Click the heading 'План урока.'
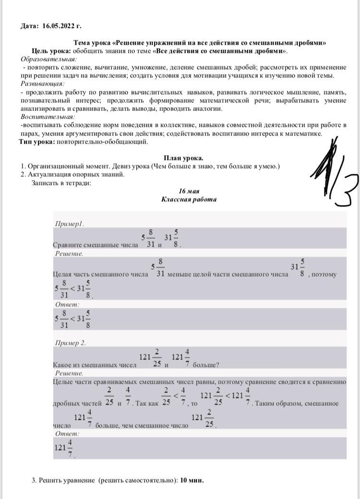pos(184,158)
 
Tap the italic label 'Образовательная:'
pos(48,59)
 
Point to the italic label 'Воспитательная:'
pos(48,117)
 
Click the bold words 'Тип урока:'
pos(37,142)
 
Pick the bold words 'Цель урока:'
pos(51,51)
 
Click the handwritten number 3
pos(347,190)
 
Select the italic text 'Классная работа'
pos(189,199)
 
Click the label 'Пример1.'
pos(70,224)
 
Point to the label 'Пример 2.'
pos(71,343)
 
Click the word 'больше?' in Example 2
pos(206,365)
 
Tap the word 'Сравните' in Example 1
pos(69,245)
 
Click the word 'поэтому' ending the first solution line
pos(324,274)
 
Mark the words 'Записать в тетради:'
pos(61,183)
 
